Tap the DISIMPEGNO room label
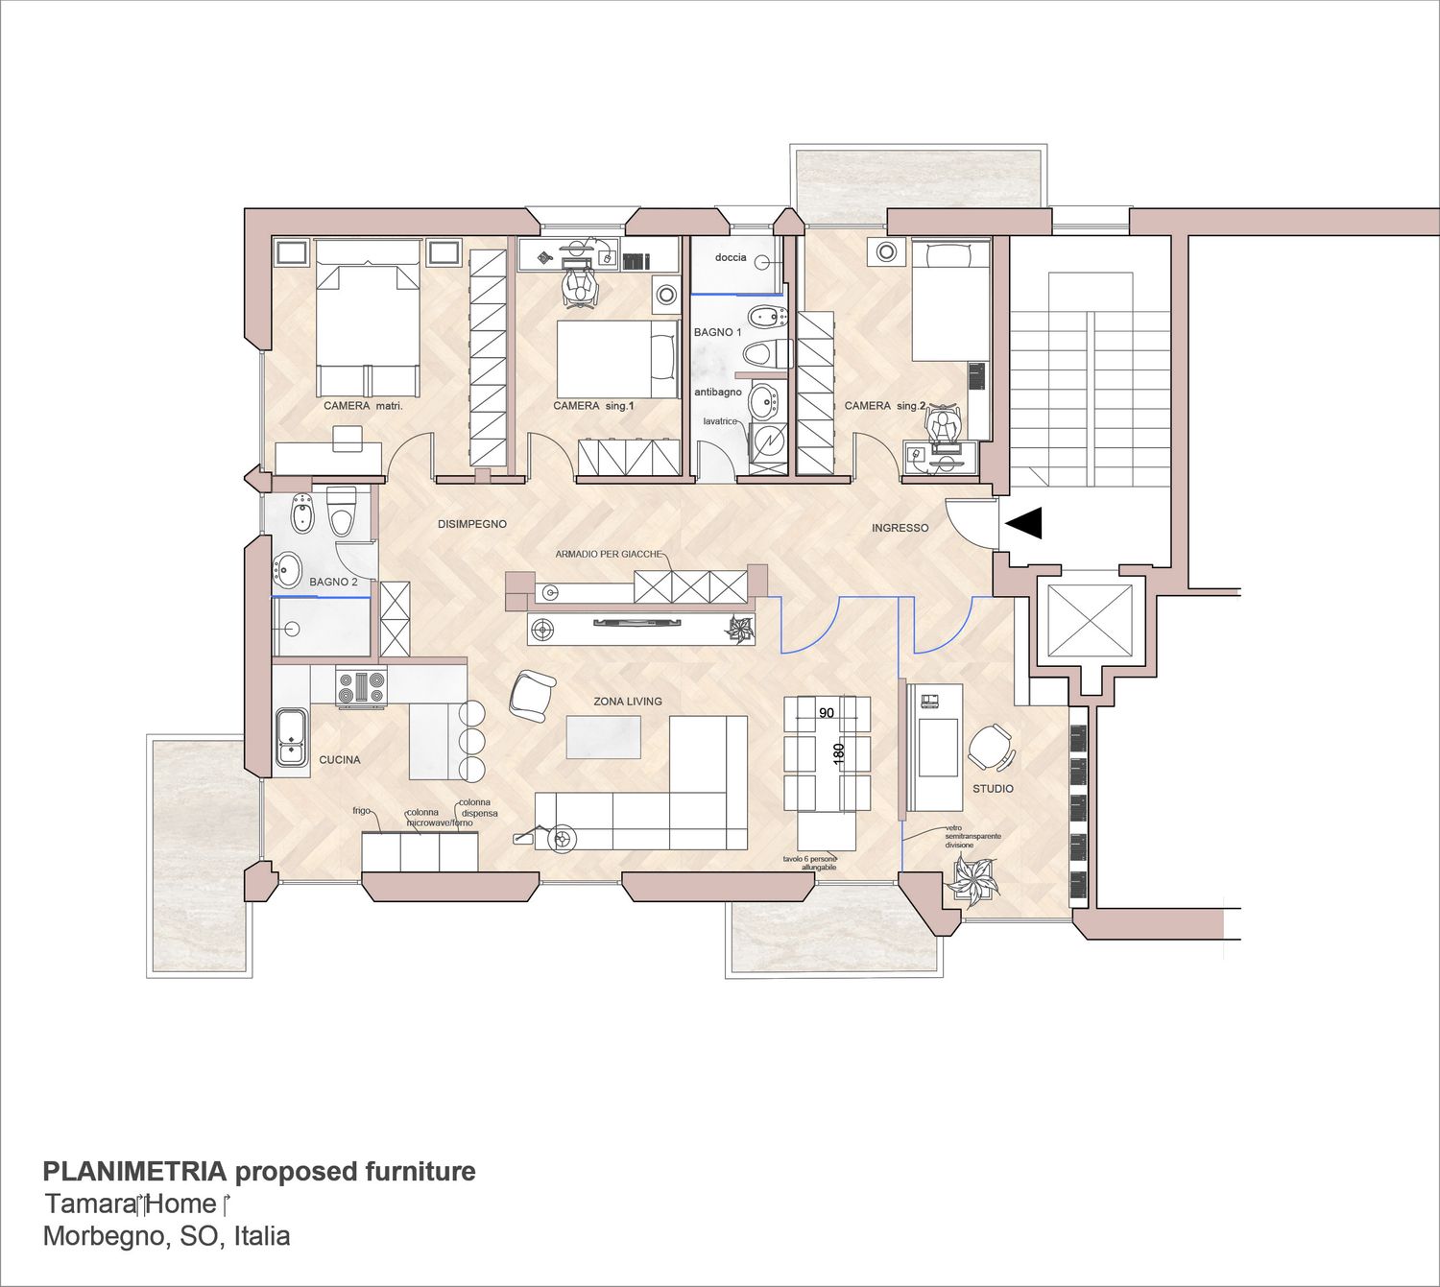[x=472, y=524]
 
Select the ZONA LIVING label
[x=628, y=702]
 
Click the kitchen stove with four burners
[x=361, y=688]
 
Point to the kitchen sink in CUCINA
[x=292, y=738]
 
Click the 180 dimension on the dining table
[x=839, y=754]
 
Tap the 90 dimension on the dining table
[x=826, y=713]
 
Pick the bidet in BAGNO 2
[x=302, y=513]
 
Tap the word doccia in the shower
[x=731, y=257]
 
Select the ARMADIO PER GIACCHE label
[x=609, y=554]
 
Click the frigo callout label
[x=361, y=810]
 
